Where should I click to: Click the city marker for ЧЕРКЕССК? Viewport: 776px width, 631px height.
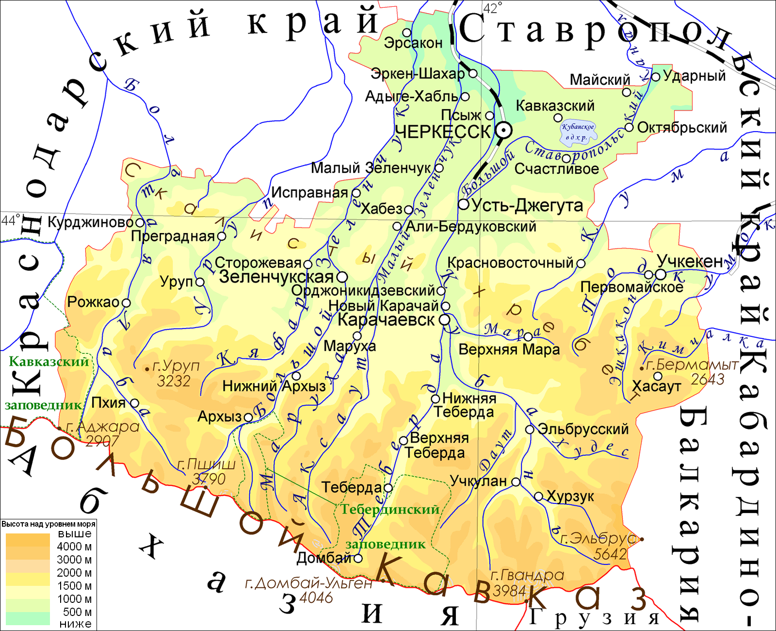503,130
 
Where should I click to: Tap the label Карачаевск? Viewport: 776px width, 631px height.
386,320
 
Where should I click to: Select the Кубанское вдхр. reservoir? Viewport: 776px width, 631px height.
577,132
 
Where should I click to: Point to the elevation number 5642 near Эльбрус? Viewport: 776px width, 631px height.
610,554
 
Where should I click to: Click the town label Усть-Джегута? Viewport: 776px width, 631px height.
527,205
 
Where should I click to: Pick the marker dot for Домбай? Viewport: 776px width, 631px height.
358,558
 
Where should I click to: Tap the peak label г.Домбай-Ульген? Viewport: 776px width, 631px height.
308,583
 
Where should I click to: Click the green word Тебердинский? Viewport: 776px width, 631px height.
389,510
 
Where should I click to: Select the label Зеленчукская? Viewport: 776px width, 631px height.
276,277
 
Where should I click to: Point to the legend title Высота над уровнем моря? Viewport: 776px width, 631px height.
48,524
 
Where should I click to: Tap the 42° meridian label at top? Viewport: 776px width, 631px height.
492,8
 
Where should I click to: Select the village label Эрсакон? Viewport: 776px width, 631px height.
413,43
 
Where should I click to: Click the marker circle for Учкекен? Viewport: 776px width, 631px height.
661,274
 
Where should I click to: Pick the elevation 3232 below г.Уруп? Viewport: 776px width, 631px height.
174,381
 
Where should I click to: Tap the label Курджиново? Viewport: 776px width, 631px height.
91,223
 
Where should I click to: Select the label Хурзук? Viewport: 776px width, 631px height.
570,497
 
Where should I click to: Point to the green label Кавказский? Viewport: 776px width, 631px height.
49,362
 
